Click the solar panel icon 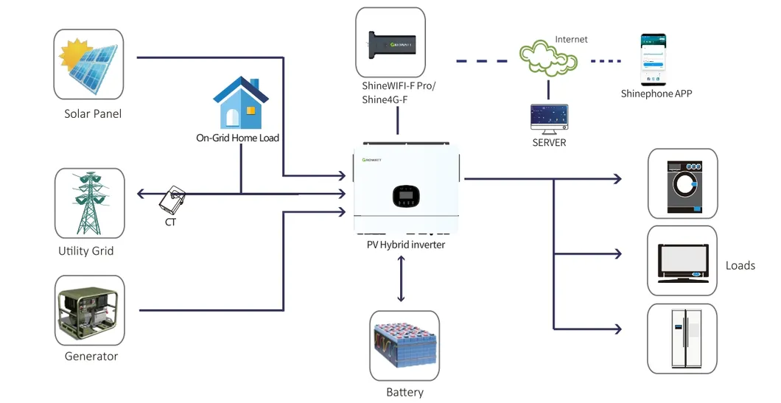click(89, 64)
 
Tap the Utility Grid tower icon click(89, 203)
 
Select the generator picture click(89, 311)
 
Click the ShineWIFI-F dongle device click(390, 42)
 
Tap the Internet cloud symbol click(548, 59)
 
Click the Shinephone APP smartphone click(652, 59)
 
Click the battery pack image click(404, 346)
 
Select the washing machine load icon click(682, 183)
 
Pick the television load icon click(682, 260)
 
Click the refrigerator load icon click(682, 337)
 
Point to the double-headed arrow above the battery click(401, 279)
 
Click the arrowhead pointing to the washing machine click(617, 178)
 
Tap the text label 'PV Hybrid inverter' click(406, 245)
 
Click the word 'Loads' click(740, 265)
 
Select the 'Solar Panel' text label click(93, 114)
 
